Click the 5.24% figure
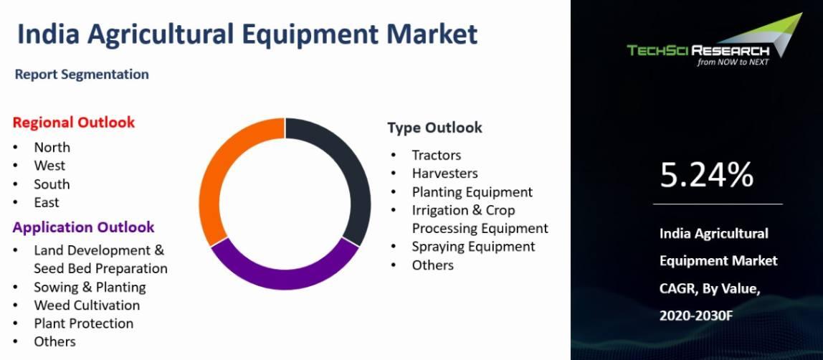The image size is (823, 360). pos(706,175)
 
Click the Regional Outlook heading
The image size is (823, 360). pos(73,123)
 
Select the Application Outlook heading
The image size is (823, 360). pos(83,227)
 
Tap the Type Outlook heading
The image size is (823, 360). pos(434,128)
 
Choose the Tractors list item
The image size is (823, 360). pos(436,156)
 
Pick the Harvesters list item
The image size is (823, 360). pos(444,173)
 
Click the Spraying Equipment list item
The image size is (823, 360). pos(473,247)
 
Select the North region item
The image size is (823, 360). pos(52,148)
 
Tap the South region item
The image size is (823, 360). pos(52,184)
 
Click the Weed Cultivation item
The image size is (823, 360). pos(87,305)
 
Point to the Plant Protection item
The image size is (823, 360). pos(84,323)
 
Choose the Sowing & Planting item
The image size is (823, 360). pos(90,287)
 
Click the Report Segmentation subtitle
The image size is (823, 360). pos(82,75)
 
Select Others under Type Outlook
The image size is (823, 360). pos(432,265)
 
